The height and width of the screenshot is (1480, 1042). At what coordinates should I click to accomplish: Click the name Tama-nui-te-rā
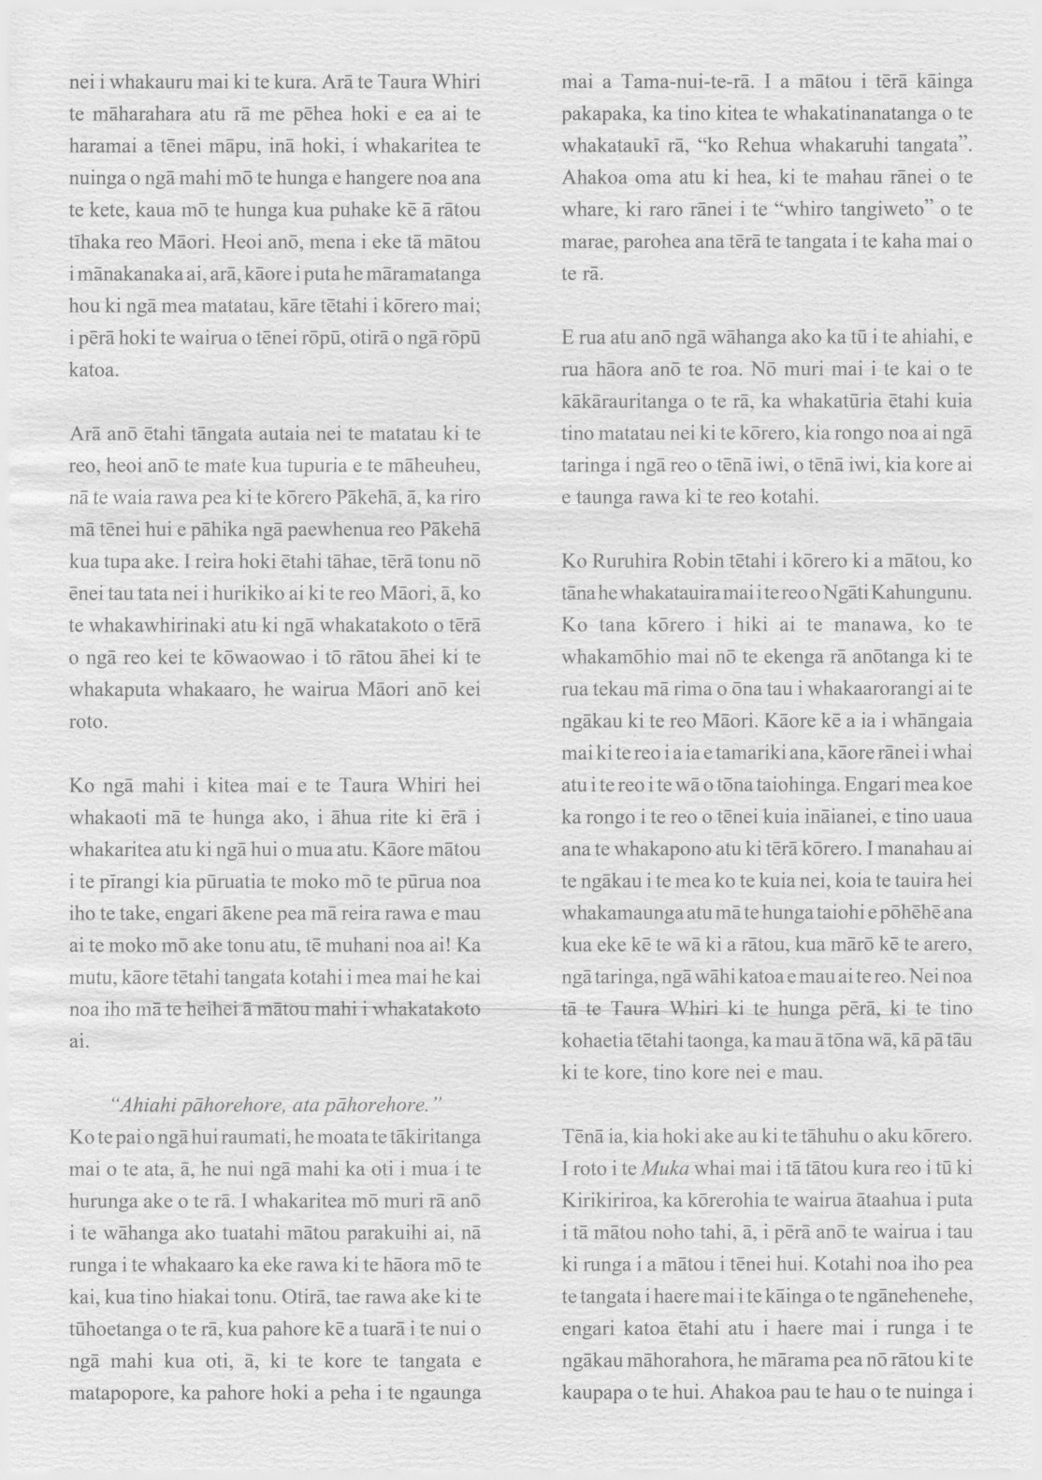pyautogui.click(x=687, y=81)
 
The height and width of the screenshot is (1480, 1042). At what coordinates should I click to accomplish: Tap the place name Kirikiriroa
pyautogui.click(x=610, y=1200)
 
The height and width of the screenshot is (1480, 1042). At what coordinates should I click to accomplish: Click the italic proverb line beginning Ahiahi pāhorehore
pyautogui.click(x=276, y=1105)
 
